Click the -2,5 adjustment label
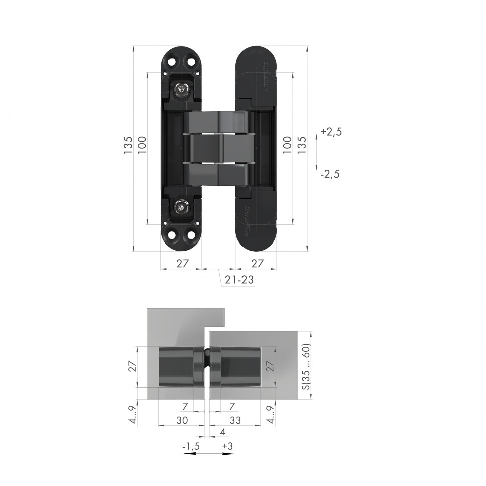[330, 174]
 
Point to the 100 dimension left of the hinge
[142, 145]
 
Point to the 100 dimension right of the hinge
[287, 145]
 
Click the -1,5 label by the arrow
[190, 445]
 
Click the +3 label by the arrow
[227, 445]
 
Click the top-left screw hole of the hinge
[171, 61]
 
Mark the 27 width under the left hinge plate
[182, 263]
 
